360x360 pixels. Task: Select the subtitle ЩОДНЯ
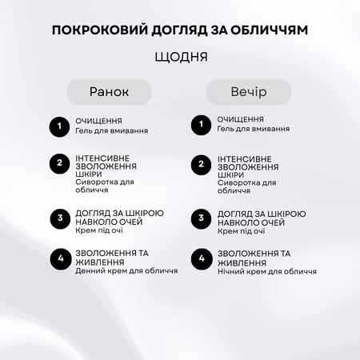pyautogui.click(x=180, y=58)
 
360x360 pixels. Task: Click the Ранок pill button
pyautogui.click(x=109, y=92)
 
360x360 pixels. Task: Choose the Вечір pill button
pyautogui.click(x=248, y=92)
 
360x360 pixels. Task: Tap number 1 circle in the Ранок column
pyautogui.click(x=58, y=126)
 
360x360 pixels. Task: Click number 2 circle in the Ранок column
pyautogui.click(x=58, y=164)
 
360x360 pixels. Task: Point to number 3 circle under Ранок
pyautogui.click(x=58, y=218)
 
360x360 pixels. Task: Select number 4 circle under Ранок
pyautogui.click(x=58, y=259)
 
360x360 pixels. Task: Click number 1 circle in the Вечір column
pyautogui.click(x=199, y=126)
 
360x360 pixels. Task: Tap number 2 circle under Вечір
pyautogui.click(x=199, y=164)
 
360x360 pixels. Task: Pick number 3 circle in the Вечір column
pyautogui.click(x=199, y=218)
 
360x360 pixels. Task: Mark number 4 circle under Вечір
pyautogui.click(x=199, y=259)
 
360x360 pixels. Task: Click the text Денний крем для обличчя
pyautogui.click(x=126, y=270)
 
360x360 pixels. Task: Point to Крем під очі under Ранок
pyautogui.click(x=97, y=231)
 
